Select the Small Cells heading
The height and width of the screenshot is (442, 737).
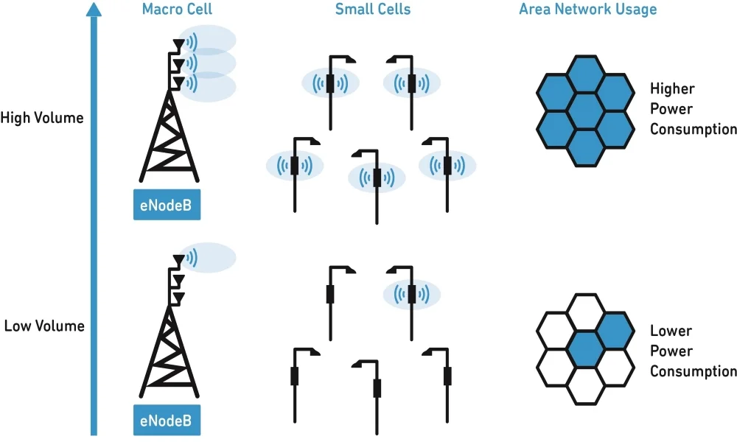point(373,10)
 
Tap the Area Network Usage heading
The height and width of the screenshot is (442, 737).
point(587,10)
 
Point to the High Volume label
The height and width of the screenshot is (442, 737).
point(42,118)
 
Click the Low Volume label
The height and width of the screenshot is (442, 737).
point(44,326)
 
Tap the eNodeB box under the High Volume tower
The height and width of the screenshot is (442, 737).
point(167,206)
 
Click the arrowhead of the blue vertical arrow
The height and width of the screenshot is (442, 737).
point(93,9)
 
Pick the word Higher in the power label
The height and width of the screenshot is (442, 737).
point(672,89)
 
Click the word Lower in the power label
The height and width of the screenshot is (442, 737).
point(670,331)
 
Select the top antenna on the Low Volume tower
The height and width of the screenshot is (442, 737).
point(178,260)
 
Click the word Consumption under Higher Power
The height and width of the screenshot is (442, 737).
point(694,129)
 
